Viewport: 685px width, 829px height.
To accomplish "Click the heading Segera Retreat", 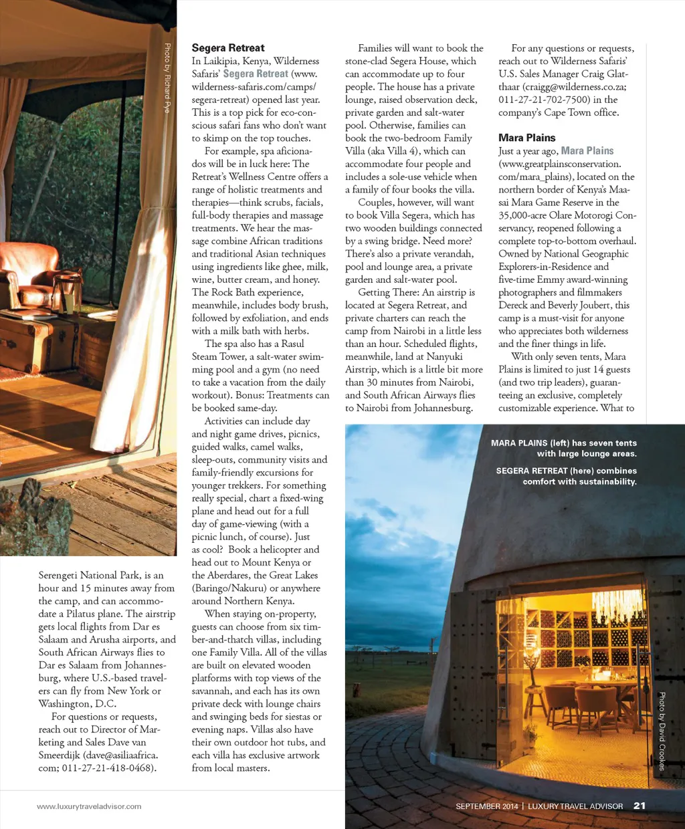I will pyautogui.click(x=228, y=48).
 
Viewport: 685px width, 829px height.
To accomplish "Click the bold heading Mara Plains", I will pyautogui.click(x=526, y=138).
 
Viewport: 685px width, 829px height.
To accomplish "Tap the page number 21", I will pyautogui.click(x=640, y=806).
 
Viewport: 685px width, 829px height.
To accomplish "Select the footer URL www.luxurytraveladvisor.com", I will pyautogui.click(x=89, y=806).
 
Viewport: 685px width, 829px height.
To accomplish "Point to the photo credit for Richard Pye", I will pyautogui.click(x=167, y=78).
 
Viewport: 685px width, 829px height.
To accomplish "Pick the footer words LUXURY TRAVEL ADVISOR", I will pyautogui.click(x=575, y=806).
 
